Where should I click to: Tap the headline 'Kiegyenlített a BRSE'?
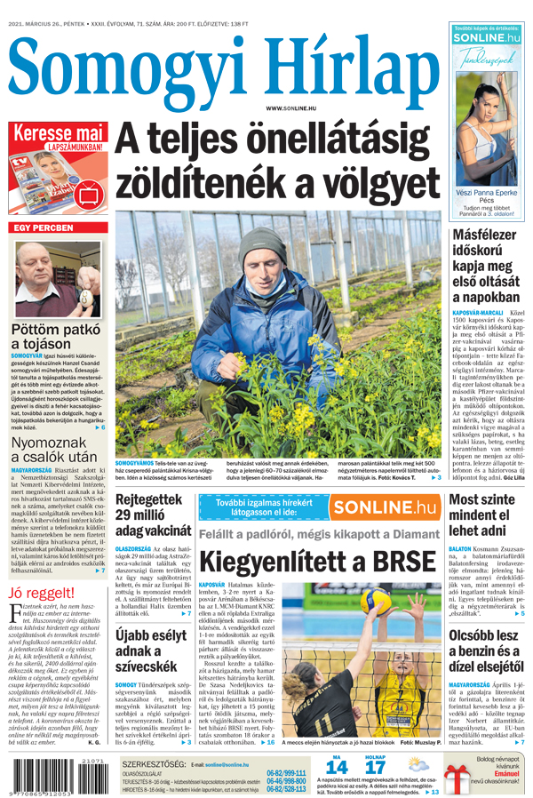click(317, 561)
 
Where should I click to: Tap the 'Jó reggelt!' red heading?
click(41, 593)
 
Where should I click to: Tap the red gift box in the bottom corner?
click(457, 776)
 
